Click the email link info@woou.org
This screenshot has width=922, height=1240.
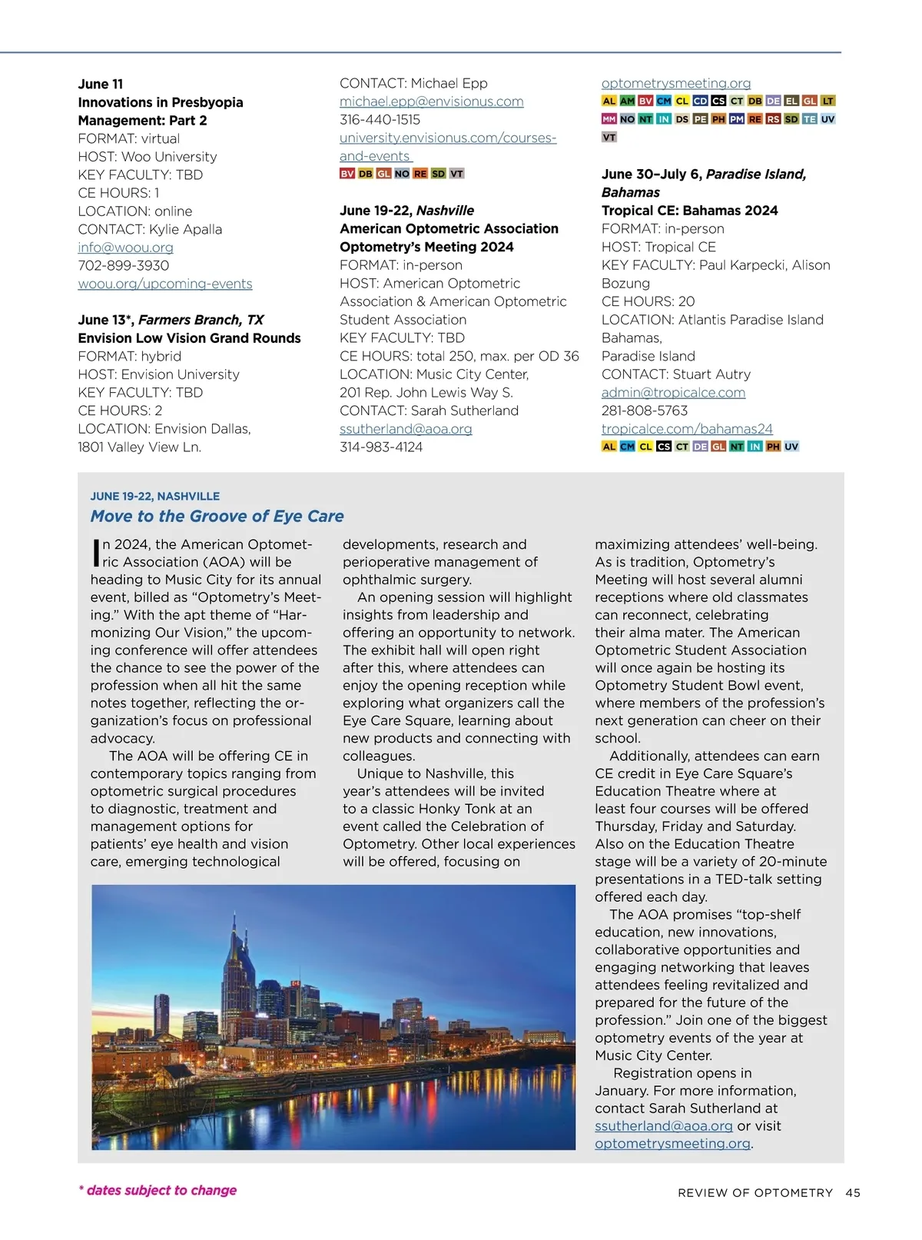pos(125,248)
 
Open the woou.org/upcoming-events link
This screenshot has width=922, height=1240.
pos(164,284)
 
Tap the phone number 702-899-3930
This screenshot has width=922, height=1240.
pos(123,265)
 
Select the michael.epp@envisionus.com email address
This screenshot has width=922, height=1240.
pos(431,101)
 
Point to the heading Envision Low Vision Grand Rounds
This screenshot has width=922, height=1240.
pos(189,338)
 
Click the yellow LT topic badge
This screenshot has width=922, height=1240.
pos(827,101)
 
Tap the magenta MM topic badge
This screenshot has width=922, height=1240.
pos(609,119)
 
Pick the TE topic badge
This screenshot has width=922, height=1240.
pos(809,119)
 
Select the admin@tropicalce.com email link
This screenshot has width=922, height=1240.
pos(673,393)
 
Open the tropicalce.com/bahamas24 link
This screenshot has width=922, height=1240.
pos(687,429)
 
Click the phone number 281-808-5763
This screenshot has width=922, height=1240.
pos(645,411)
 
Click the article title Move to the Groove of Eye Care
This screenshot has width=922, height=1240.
pos(217,517)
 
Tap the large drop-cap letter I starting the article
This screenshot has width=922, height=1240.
pos(96,553)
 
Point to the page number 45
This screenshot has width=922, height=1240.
pos(853,1193)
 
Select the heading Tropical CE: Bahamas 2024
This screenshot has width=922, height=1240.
pos(689,211)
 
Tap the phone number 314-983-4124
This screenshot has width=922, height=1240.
pos(381,447)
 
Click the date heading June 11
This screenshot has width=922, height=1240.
pos(100,85)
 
